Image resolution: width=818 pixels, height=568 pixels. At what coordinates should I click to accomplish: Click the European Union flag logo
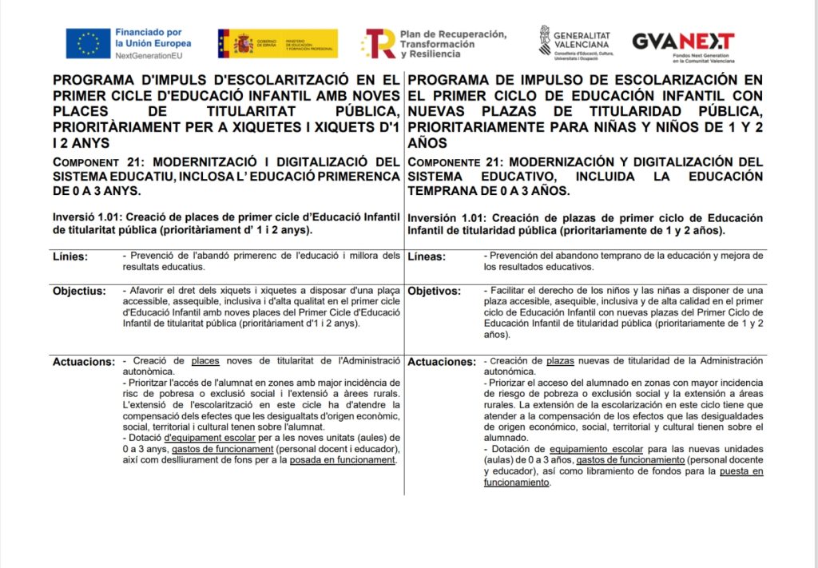click(88, 43)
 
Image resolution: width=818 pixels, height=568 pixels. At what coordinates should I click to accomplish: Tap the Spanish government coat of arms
click(243, 44)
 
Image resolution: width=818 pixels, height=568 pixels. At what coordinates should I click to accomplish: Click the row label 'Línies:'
click(70, 257)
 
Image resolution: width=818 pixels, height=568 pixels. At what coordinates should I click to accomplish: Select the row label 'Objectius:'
click(79, 291)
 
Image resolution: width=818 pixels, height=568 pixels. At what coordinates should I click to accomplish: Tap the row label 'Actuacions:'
click(84, 362)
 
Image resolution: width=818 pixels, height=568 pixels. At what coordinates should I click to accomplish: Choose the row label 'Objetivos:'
click(435, 291)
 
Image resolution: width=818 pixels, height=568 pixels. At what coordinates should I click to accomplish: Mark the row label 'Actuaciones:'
click(442, 362)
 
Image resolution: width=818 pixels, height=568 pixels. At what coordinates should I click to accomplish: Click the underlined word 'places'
click(205, 361)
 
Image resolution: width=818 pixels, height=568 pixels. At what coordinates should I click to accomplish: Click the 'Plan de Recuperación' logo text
click(453, 34)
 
